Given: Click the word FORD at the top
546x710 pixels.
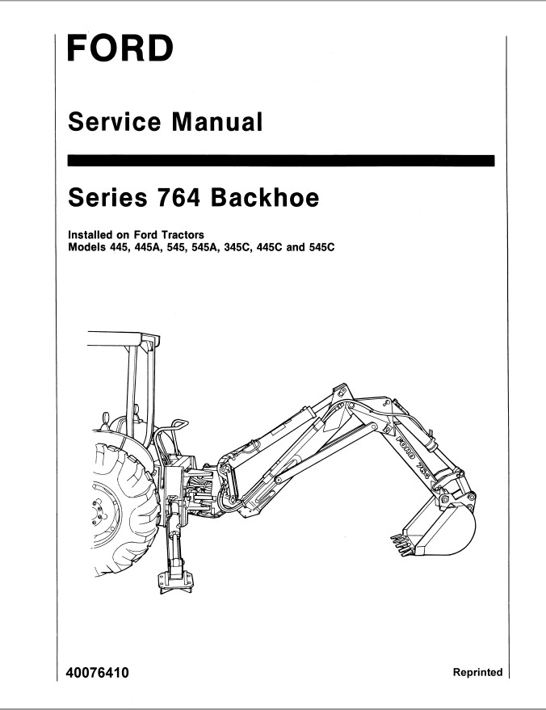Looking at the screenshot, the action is pos(120,48).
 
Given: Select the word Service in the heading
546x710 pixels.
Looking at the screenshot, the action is pos(115,122).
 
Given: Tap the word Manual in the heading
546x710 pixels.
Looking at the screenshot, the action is pos(216,122).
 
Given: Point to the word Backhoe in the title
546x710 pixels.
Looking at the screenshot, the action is pos(265,198).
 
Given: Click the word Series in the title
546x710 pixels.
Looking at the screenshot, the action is pos(107,198).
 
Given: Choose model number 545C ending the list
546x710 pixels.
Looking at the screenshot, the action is pos(322,248).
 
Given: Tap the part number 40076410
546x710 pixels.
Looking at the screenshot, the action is pos(98,673).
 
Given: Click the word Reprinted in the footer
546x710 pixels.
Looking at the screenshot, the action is pos(477,672).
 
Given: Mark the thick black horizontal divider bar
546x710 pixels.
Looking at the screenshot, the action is pos(281,161).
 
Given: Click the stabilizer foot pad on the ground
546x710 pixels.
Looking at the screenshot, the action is pos(175,582).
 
